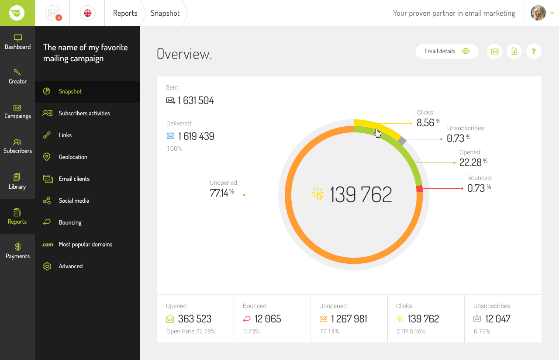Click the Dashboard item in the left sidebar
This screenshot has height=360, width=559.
pos(17,42)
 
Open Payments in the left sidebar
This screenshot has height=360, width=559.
pos(17,251)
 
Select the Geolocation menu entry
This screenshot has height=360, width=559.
pos(73,157)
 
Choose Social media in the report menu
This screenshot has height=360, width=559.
pos(74,201)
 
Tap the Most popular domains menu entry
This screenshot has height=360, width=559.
pos(85,244)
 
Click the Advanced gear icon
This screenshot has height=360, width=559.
pos(47,266)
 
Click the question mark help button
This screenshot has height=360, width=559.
pos(534,51)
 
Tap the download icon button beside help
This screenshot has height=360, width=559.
pos(514,51)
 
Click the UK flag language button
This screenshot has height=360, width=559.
pos(88,13)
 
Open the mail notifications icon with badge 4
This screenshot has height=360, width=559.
pos(53,13)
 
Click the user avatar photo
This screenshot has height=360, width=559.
pos(538,13)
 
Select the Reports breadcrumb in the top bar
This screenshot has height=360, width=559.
pos(125,13)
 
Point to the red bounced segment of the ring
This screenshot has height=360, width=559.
pos(420,189)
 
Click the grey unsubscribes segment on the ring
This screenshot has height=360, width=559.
pos(402,141)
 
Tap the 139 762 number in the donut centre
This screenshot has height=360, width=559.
pos(361,195)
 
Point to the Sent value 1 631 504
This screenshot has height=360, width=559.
pos(196,100)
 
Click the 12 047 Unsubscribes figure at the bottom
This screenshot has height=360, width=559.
pos(497,319)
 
